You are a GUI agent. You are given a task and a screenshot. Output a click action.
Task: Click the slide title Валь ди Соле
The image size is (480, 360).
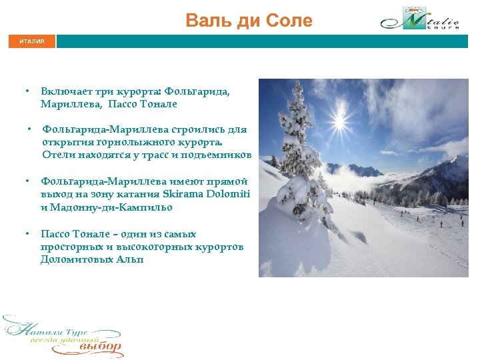click(249, 21)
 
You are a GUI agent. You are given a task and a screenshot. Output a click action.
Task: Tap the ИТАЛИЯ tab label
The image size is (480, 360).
click(32, 41)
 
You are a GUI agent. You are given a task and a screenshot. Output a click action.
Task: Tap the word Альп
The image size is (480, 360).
click(132, 259)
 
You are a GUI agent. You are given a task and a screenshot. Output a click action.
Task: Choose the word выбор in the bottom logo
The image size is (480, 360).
click(101, 346)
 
